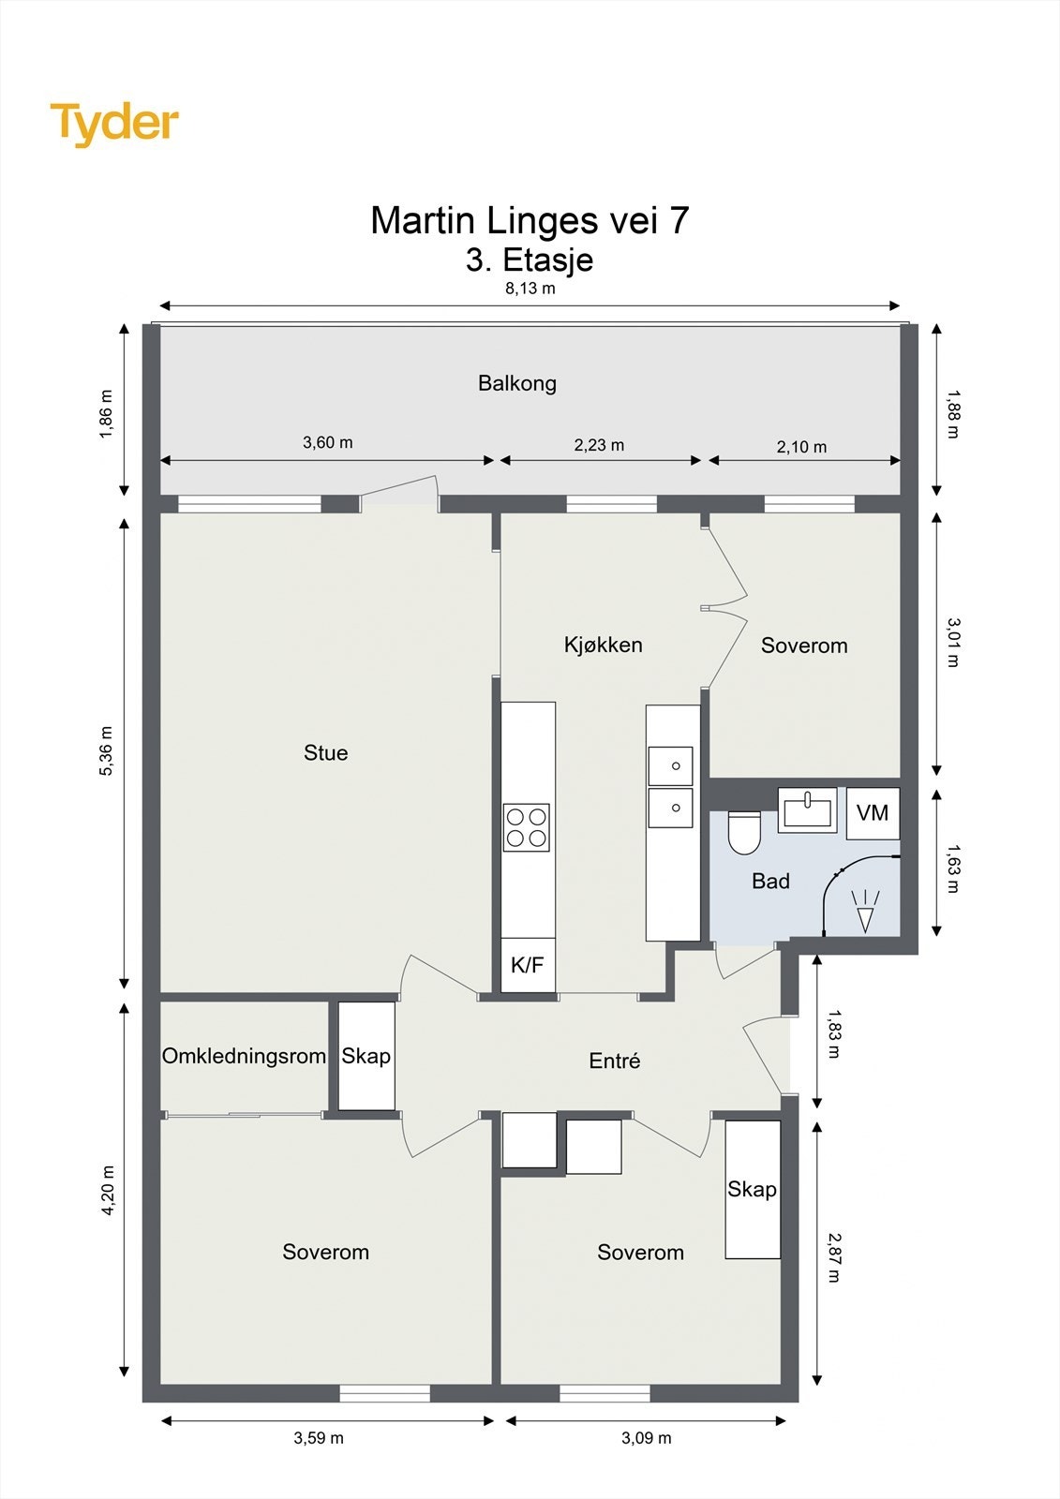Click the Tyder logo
pyautogui.click(x=114, y=125)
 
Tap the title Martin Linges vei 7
pyautogui.click(x=530, y=220)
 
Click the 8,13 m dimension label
pyautogui.click(x=530, y=289)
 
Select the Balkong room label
pyautogui.click(x=517, y=383)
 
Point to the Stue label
pyautogui.click(x=325, y=753)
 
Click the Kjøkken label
pyautogui.click(x=604, y=645)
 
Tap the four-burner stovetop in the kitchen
pyautogui.click(x=527, y=827)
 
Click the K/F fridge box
pyautogui.click(x=528, y=964)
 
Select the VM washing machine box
pyautogui.click(x=873, y=813)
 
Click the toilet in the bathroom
pyautogui.click(x=744, y=832)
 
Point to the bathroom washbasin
pyautogui.click(x=807, y=809)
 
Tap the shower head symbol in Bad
pyautogui.click(x=866, y=911)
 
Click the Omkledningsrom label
pyautogui.click(x=244, y=1056)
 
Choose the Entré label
pyautogui.click(x=615, y=1061)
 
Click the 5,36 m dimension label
pyautogui.click(x=107, y=750)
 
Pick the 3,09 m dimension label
pyautogui.click(x=646, y=1437)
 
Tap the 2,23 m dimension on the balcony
pyautogui.click(x=599, y=445)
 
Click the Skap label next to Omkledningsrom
pyautogui.click(x=366, y=1056)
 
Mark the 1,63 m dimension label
pyautogui.click(x=953, y=868)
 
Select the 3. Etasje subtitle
pyautogui.click(x=530, y=260)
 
